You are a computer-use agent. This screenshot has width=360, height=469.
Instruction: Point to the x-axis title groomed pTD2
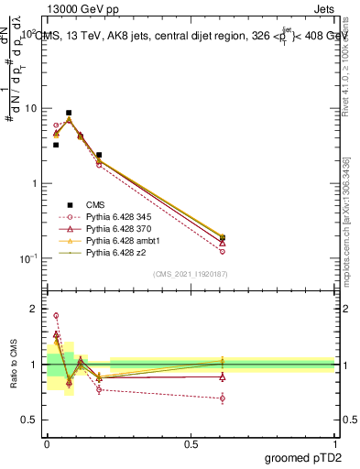(x=303, y=456)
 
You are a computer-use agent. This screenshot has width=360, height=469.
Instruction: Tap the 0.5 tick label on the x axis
(x=191, y=443)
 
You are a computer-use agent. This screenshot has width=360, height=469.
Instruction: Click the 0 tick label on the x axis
(x=47, y=443)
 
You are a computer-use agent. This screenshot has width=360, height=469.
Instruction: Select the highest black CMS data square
(x=69, y=113)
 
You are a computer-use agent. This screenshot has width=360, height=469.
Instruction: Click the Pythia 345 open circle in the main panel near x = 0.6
(x=223, y=251)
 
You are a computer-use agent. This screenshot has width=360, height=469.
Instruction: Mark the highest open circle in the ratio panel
(x=56, y=315)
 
